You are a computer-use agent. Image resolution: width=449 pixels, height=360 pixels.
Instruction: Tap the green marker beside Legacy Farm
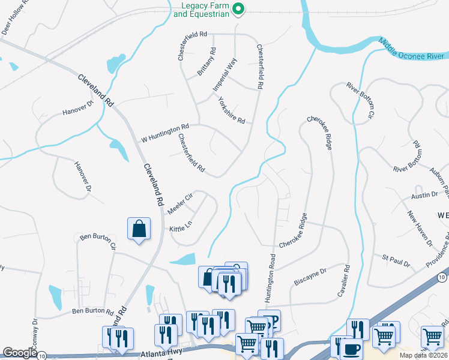(238, 8)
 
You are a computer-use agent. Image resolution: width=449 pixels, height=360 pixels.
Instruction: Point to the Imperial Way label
(226, 75)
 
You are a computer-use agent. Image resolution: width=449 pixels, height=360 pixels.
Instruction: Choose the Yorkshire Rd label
(232, 110)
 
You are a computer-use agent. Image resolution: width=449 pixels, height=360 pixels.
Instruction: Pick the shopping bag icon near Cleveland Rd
(139, 229)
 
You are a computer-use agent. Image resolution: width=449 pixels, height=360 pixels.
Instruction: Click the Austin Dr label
(424, 195)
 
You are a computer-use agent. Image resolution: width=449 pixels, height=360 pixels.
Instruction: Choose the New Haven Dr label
(420, 229)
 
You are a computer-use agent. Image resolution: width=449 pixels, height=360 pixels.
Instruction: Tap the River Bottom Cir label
(361, 99)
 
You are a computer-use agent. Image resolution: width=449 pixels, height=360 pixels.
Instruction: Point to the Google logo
(20, 353)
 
